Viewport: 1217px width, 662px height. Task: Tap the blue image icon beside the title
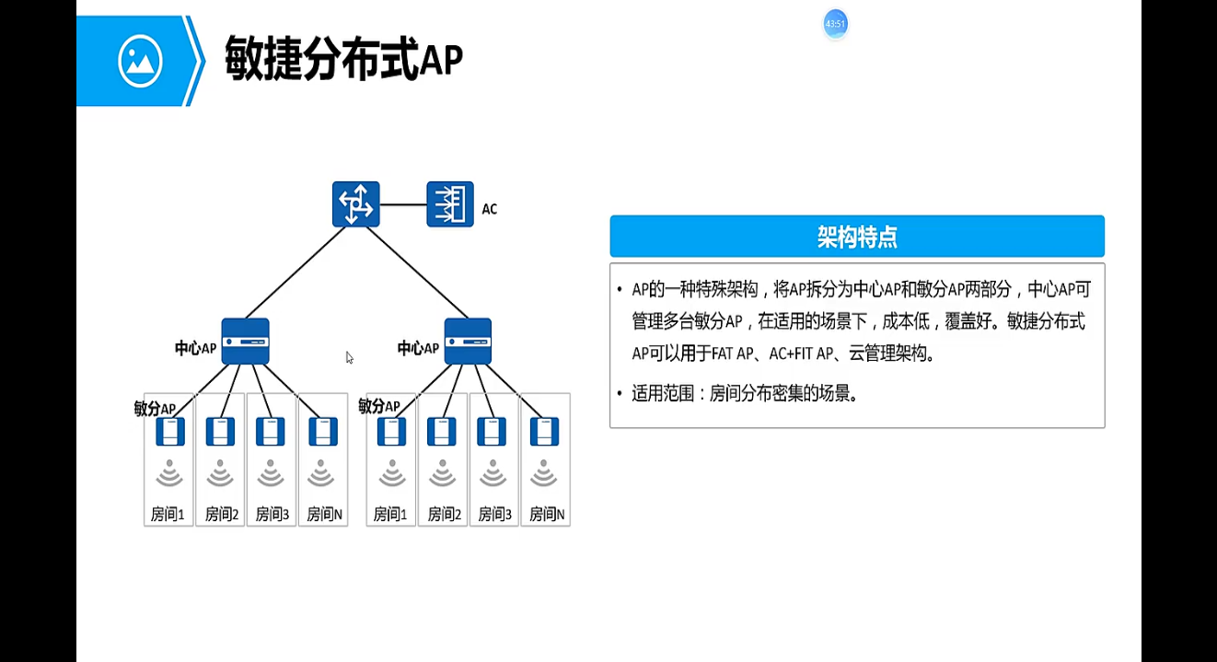pyautogui.click(x=140, y=61)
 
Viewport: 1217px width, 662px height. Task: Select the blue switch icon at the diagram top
pyautogui.click(x=355, y=204)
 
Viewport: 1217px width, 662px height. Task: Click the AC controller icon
pyautogui.click(x=450, y=204)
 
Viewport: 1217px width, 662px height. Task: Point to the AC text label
pyautogui.click(x=489, y=209)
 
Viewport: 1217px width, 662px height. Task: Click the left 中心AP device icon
pyautogui.click(x=245, y=342)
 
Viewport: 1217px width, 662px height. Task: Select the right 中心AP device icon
pyautogui.click(x=468, y=342)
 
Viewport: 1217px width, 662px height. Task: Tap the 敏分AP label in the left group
pyautogui.click(x=154, y=408)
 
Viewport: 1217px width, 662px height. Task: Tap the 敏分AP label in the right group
pyautogui.click(x=378, y=406)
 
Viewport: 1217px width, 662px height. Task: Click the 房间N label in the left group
pyautogui.click(x=324, y=515)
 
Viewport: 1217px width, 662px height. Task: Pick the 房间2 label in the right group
pyautogui.click(x=443, y=515)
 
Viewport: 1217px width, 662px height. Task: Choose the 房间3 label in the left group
pyautogui.click(x=272, y=515)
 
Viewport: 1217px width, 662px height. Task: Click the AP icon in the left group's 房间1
pyautogui.click(x=170, y=431)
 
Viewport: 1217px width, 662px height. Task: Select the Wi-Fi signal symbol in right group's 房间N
pyautogui.click(x=544, y=473)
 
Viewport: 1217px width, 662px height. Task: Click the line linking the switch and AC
pyautogui.click(x=403, y=204)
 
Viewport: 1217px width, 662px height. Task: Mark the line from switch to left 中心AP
pyautogui.click(x=295, y=273)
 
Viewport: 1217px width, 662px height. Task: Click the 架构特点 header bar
pyautogui.click(x=856, y=237)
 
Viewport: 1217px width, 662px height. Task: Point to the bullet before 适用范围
pyautogui.click(x=620, y=394)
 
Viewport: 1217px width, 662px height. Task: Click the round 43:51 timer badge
pyautogui.click(x=835, y=24)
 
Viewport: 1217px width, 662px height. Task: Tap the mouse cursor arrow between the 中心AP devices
pyautogui.click(x=350, y=357)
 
